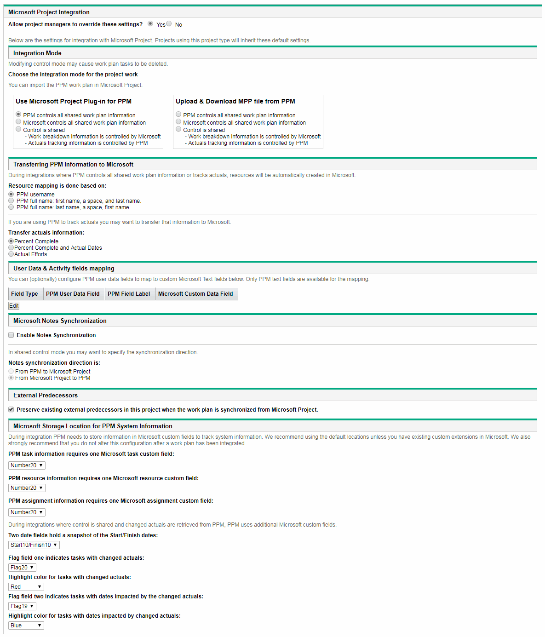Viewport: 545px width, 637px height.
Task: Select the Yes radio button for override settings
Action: coord(150,24)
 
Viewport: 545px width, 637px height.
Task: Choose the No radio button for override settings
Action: coord(169,24)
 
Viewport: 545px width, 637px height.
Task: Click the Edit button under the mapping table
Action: coord(14,306)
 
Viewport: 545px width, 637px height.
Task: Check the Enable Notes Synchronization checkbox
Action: coord(11,335)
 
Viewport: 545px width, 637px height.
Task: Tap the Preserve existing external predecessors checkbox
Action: coord(11,409)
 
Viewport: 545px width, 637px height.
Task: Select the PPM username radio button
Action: coord(11,195)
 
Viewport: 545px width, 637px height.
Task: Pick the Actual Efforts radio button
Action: coord(11,254)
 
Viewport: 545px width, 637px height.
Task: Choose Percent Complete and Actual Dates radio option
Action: coord(11,248)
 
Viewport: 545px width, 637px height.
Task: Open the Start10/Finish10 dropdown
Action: coord(34,545)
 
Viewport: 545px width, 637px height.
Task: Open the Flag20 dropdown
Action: coord(22,568)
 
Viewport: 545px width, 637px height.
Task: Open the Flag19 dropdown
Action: coord(22,606)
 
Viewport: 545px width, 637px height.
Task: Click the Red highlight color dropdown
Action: coord(26,587)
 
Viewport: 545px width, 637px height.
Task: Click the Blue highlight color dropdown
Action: coord(26,626)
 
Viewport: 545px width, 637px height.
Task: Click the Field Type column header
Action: coord(25,294)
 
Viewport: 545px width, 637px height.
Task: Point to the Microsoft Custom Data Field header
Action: coord(195,294)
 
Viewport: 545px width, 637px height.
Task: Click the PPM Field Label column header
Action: coord(129,294)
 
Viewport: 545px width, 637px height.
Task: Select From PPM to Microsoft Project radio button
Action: coord(11,372)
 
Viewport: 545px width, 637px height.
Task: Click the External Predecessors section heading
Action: coord(46,395)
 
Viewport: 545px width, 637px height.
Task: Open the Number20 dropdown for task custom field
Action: coord(27,465)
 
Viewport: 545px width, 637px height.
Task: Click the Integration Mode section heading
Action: coord(37,53)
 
